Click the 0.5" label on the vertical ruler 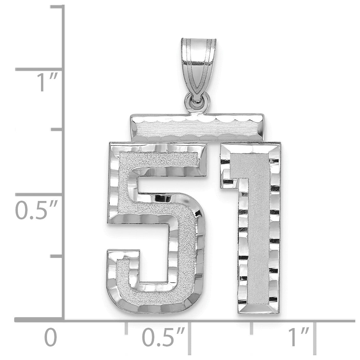pos(36,210)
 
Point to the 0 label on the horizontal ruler pos(50,337)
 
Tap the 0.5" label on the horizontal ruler pos(163,337)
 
